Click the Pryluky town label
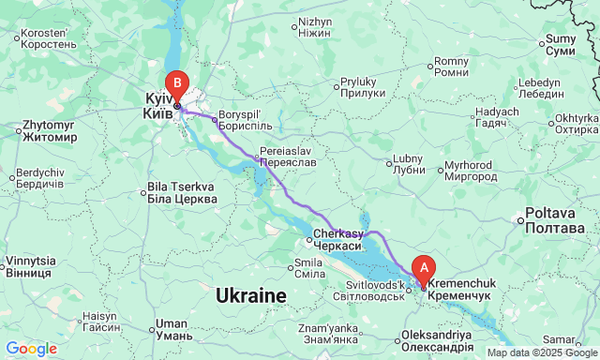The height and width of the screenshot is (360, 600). (x=363, y=89)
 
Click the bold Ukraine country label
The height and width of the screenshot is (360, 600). (x=250, y=296)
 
